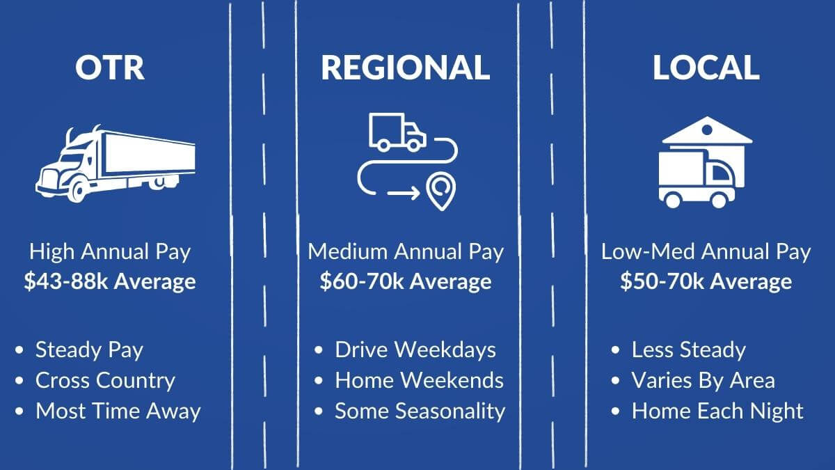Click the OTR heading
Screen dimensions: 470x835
pos(110,68)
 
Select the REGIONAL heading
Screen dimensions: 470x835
pos(406,68)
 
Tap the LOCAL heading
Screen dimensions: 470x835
pos(706,68)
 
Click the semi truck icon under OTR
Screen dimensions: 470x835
pos(116,164)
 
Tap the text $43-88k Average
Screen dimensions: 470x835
pos(110,282)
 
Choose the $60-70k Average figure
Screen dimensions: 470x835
pos(406,282)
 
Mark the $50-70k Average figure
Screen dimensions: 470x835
pos(706,282)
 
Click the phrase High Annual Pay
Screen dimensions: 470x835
pos(110,251)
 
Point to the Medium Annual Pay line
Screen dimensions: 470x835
pos(406,251)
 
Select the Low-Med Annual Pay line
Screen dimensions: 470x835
pos(706,251)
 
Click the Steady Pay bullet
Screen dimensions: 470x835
pos(89,350)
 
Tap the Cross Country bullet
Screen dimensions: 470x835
pos(105,380)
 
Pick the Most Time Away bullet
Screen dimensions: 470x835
pos(118,411)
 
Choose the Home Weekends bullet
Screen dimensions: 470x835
pos(419,380)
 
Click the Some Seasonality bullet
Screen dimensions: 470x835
pos(420,411)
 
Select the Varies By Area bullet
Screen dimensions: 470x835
pos(703,380)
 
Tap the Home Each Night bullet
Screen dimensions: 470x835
pos(717,411)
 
